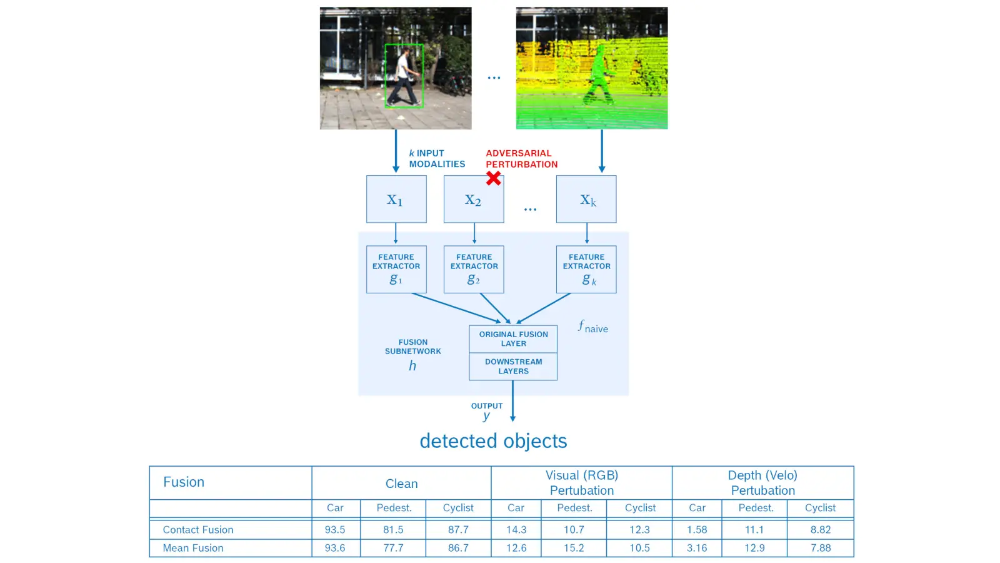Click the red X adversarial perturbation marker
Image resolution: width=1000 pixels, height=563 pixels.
[493, 178]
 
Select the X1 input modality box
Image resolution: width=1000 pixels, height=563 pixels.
[396, 199]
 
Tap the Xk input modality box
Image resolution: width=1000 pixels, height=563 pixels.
[586, 199]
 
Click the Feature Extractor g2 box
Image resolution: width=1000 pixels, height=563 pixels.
[474, 270]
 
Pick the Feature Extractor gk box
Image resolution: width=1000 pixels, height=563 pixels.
[586, 270]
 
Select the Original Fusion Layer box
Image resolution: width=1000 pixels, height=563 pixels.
[513, 338]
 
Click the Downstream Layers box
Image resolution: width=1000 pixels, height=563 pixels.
[513, 367]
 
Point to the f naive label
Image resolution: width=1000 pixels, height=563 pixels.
[593, 327]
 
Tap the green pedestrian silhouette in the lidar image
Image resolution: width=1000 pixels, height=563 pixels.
[598, 76]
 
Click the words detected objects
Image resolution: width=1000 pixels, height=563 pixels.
[493, 441]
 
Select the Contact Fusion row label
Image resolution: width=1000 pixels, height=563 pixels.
[197, 529]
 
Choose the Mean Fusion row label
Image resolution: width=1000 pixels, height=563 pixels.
[193, 548]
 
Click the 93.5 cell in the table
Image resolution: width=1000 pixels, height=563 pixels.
[335, 529]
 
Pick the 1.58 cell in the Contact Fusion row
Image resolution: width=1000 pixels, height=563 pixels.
[697, 529]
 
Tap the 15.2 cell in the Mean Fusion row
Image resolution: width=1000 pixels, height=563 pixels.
[574, 548]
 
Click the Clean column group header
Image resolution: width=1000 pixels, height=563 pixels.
[401, 484]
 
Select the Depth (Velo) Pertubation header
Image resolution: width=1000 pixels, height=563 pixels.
[763, 482]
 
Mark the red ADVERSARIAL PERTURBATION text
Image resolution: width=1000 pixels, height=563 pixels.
[521, 159]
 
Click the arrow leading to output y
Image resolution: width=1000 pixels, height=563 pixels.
[512, 401]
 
